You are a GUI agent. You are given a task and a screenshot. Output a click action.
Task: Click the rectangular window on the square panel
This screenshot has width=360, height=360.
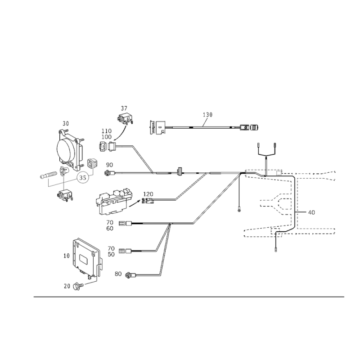pyautogui.click(x=84, y=258)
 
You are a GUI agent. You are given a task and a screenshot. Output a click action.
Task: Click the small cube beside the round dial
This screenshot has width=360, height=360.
pyautogui.click(x=92, y=164)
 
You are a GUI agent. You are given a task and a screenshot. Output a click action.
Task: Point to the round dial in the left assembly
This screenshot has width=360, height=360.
pyautogui.click(x=82, y=177)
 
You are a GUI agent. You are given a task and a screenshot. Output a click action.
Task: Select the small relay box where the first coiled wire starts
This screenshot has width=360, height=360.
pyautogui.click(x=110, y=145)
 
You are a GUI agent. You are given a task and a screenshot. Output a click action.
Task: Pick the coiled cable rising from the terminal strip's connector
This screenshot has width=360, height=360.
pyautogui.click(x=189, y=187)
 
